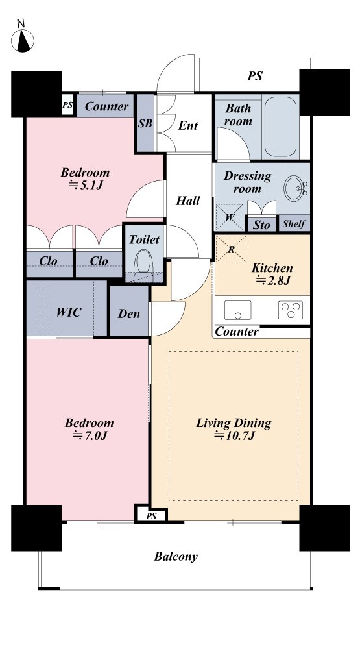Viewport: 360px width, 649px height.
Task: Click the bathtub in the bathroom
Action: (280, 127)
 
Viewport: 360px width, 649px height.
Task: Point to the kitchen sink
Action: (237, 310)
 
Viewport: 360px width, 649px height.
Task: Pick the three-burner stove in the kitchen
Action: (290, 310)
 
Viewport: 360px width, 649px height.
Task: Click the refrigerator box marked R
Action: (232, 249)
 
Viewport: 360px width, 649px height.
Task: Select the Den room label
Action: (128, 313)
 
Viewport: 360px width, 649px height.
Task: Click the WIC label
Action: (68, 312)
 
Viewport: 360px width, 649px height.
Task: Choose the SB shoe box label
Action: (145, 123)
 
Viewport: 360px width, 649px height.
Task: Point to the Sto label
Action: (261, 225)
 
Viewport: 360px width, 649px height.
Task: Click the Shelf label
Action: (294, 224)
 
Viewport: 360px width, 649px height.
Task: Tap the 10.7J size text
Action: (234, 435)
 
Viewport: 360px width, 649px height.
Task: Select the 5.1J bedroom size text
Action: (85, 184)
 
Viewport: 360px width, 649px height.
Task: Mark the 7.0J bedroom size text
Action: (90, 435)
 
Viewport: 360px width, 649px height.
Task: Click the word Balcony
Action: (176, 557)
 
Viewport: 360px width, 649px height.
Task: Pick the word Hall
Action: (188, 201)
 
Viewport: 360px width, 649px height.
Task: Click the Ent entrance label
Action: (188, 125)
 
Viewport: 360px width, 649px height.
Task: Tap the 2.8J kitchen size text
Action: (273, 280)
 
